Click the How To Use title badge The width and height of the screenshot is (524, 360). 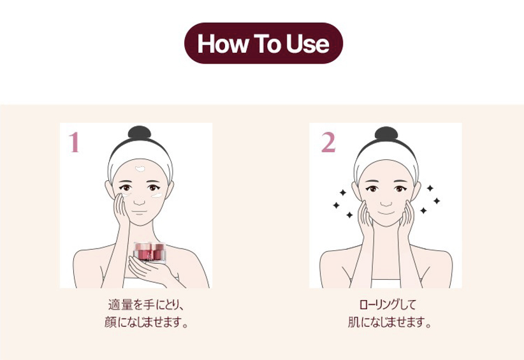click(263, 43)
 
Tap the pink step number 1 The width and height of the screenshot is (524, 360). click(74, 142)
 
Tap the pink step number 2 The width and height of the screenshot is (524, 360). click(328, 142)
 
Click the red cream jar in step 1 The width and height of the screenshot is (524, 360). click(149, 252)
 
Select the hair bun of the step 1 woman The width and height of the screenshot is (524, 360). click(140, 133)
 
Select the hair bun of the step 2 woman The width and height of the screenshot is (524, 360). click(386, 133)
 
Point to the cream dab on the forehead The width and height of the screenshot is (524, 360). click(140, 169)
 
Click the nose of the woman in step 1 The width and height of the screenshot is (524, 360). click(140, 202)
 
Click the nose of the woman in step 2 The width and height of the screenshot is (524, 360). click(386, 203)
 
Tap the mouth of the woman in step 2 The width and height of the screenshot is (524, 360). click(386, 212)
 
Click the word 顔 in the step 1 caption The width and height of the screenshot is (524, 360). click(111, 322)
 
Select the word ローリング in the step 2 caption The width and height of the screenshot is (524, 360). click(379, 305)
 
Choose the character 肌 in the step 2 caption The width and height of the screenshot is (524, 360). click(354, 322)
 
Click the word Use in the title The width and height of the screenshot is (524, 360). click(308, 44)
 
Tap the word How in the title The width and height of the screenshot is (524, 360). click(222, 44)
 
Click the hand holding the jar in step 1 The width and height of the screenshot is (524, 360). click(147, 269)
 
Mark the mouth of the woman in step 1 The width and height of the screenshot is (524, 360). click(140, 212)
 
